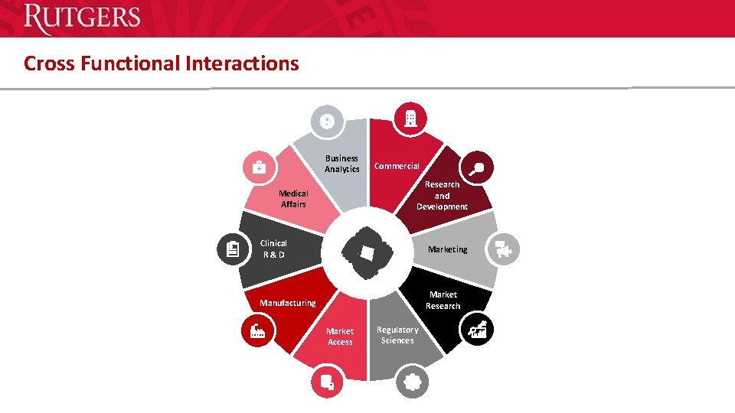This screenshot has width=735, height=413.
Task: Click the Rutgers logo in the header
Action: point(82,19)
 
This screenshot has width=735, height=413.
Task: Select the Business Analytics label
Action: point(341,164)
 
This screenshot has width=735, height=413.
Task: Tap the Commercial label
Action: point(397,166)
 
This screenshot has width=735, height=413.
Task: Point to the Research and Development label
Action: point(442,196)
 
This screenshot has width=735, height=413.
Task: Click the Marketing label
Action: point(447,249)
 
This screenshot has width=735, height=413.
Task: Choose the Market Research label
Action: point(443,300)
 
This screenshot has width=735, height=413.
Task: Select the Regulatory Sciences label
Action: point(397,335)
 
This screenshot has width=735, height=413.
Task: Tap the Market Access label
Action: point(340,337)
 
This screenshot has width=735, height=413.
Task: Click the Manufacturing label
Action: point(287,303)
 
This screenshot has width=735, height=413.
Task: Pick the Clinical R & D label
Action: point(273,249)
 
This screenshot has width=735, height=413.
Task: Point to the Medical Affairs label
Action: point(293,199)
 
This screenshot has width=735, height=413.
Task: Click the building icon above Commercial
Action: point(411,118)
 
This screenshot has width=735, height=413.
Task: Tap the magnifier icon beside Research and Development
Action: point(478,168)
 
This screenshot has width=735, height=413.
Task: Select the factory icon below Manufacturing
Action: point(257,331)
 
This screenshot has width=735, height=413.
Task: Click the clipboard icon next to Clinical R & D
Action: point(232,249)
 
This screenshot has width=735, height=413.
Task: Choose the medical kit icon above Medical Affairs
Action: point(259,167)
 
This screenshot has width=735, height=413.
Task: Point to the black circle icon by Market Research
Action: point(478,330)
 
